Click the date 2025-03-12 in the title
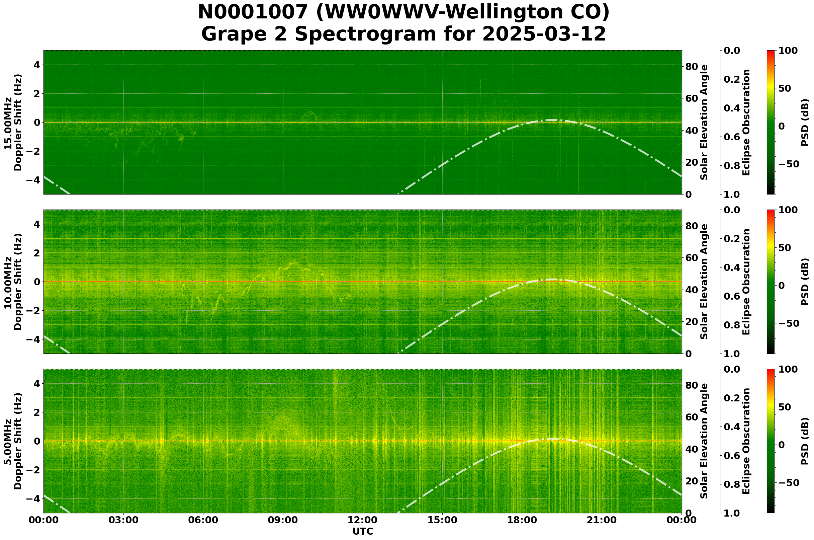544,34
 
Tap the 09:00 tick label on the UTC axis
283,520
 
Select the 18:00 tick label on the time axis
522,520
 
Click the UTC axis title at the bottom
362,531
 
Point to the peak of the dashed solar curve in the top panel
552,120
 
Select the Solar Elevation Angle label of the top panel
704,122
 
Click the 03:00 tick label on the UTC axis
123,520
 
